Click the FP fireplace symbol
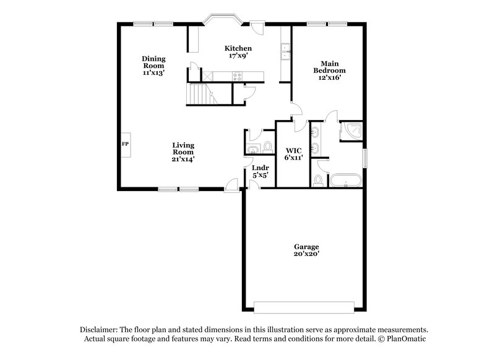pyautogui.click(x=125, y=144)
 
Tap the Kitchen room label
pyautogui.click(x=238, y=48)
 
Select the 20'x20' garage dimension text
pyautogui.click(x=307, y=254)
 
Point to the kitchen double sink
pyautogui.click(x=285, y=52)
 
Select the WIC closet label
pyautogui.click(x=293, y=150)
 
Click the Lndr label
pyautogui.click(x=260, y=168)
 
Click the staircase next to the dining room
pyautogui.click(x=199, y=95)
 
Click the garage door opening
pyautogui.click(x=307, y=308)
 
